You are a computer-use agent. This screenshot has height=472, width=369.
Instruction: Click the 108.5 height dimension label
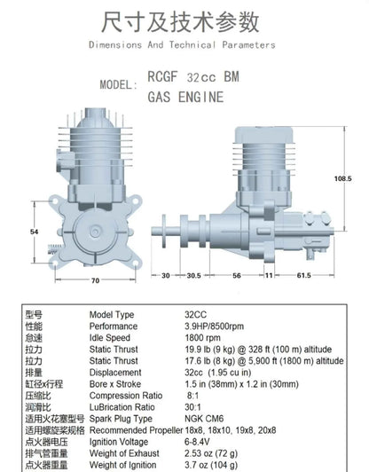(342, 178)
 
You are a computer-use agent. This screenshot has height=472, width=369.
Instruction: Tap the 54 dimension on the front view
(34, 232)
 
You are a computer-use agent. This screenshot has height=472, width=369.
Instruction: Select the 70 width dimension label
(95, 280)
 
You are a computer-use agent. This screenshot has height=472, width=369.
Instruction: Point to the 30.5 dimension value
(193, 275)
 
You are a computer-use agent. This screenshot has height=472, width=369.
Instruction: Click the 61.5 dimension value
(303, 275)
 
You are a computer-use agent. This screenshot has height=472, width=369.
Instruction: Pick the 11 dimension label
(269, 275)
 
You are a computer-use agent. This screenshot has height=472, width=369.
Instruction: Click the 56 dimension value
(237, 275)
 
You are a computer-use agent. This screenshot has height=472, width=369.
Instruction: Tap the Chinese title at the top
(180, 22)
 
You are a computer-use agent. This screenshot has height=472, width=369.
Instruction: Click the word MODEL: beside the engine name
(119, 84)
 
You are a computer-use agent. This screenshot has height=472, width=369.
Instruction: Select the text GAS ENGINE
(185, 97)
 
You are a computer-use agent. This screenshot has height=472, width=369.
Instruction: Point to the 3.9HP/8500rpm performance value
(214, 326)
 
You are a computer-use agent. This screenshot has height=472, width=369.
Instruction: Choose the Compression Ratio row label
(126, 396)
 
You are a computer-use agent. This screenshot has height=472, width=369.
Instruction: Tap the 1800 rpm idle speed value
(202, 338)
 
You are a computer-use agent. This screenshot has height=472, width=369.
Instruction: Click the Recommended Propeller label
(136, 430)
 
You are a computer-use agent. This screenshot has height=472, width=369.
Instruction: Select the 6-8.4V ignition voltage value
(197, 442)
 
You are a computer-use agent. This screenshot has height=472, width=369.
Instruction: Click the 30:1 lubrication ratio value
(192, 407)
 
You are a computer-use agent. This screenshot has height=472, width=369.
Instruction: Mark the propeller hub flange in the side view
(164, 231)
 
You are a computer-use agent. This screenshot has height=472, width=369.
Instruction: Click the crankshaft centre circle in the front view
(96, 232)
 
